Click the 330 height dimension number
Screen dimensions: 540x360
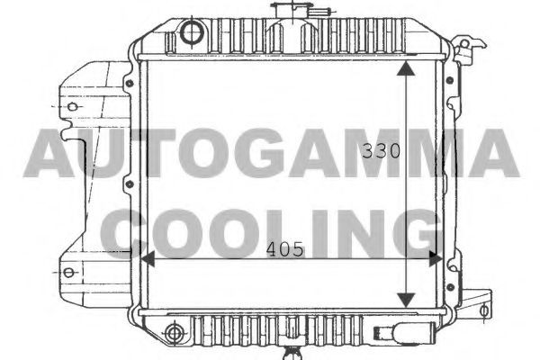(381, 150)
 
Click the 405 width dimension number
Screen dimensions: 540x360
(285, 249)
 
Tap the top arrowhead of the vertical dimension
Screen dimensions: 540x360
(407, 68)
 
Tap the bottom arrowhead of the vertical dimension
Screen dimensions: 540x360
(407, 300)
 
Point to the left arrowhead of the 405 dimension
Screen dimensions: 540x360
(148, 258)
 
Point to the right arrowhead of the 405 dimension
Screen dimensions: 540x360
(436, 258)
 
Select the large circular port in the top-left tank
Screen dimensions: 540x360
(192, 32)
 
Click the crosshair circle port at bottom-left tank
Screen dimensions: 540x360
(175, 333)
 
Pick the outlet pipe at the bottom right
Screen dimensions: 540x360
(403, 333)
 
